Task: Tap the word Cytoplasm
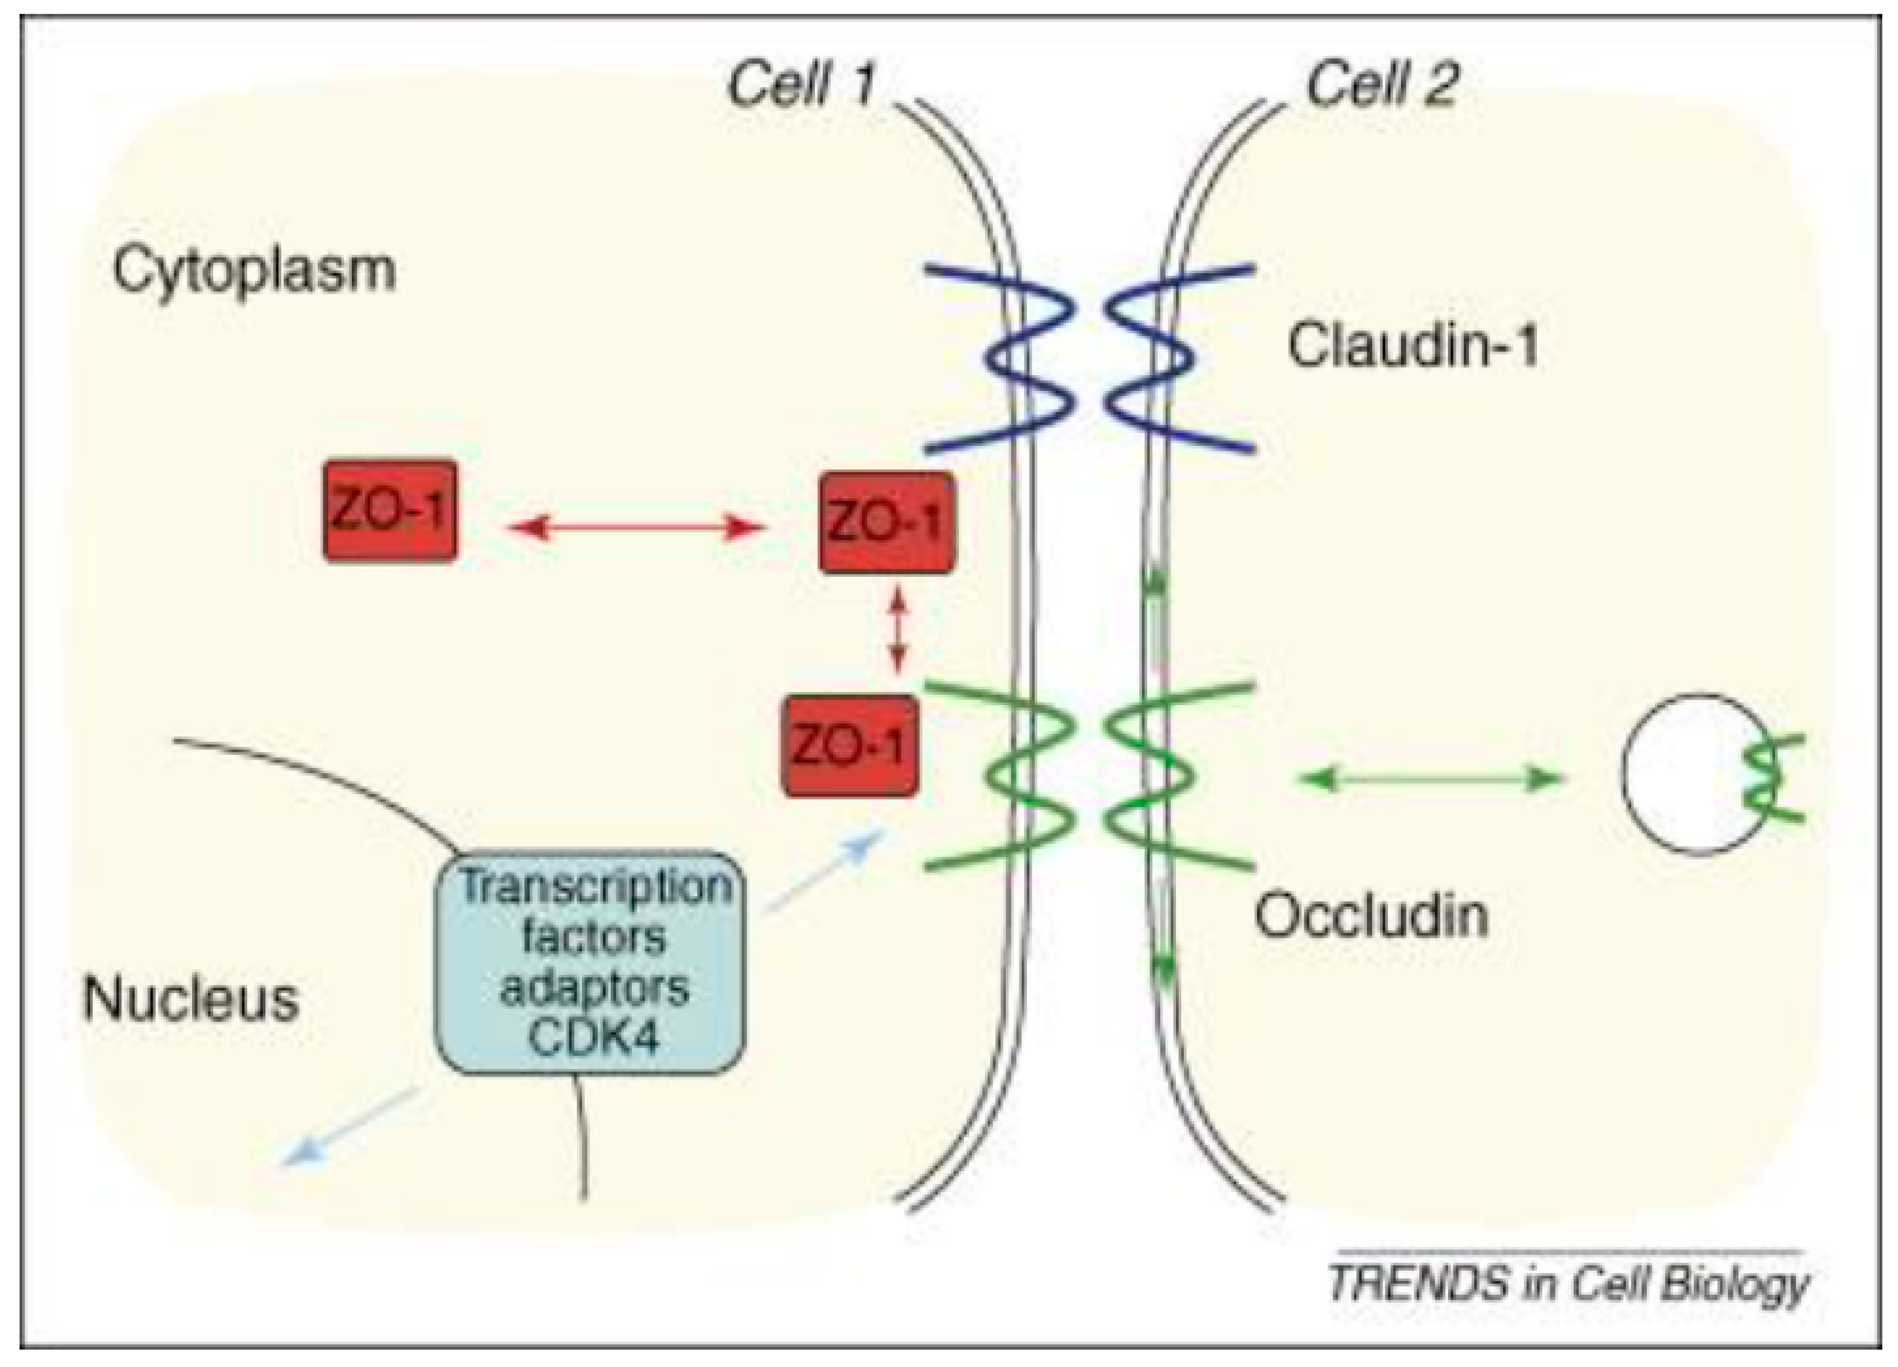[x=254, y=270]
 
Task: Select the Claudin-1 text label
[x=1413, y=346]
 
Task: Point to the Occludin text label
[x=1371, y=915]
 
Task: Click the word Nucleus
[x=191, y=999]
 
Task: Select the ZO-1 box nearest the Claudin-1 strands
[x=886, y=523]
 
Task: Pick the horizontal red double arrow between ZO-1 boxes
[x=636, y=527]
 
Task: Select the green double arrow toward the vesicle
[x=1428, y=780]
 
